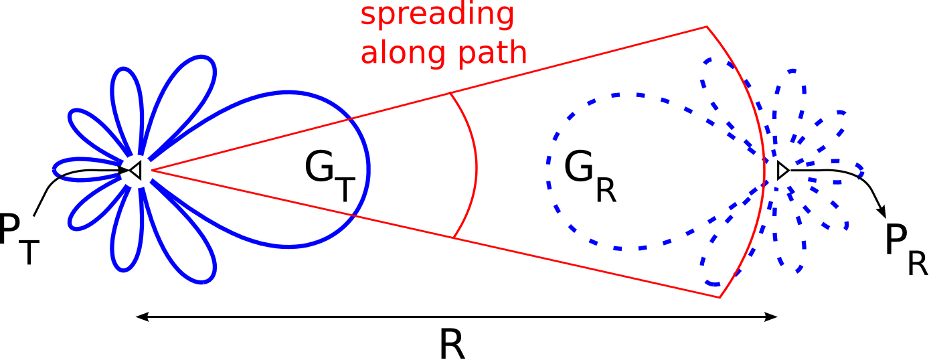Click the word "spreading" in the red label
tap(437, 15)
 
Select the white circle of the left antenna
tap(137, 171)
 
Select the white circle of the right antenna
tap(781, 171)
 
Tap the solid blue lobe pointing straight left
tap(55, 169)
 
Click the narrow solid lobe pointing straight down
tap(124, 269)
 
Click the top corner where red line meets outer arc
tap(707, 27)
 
